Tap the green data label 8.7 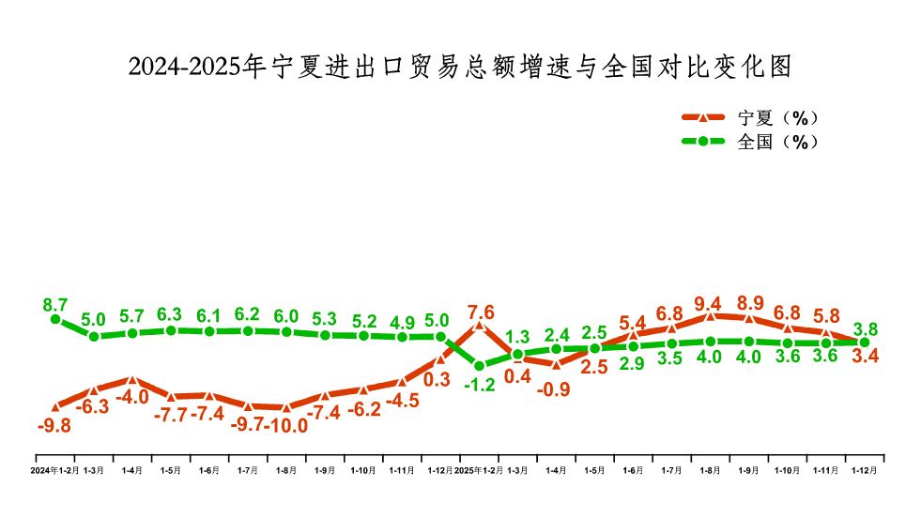[55, 304]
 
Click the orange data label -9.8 [54, 425]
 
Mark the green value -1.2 [480, 384]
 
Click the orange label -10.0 [288, 425]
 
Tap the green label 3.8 [866, 328]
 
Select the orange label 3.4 [866, 357]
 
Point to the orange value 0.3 [437, 380]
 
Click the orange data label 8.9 [749, 303]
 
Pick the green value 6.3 [171, 314]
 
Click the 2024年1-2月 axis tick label [55, 470]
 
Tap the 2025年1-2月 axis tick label [479, 470]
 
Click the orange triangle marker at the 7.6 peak [480, 326]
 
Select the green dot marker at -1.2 [480, 366]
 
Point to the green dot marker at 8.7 [55, 319]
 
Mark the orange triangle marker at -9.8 [55, 406]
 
